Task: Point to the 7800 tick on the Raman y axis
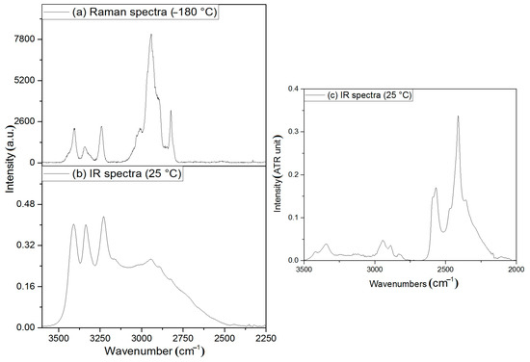23,39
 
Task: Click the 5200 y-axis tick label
23,80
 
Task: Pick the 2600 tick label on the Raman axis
23,121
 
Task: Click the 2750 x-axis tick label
183,339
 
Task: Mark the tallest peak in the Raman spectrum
151,36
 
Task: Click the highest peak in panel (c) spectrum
458,116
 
